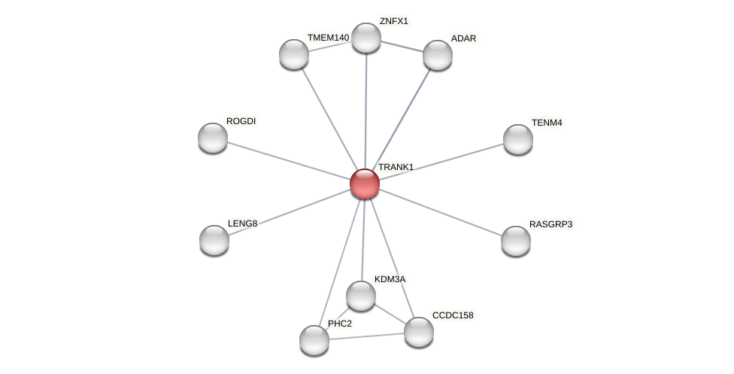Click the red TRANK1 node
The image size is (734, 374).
(365, 184)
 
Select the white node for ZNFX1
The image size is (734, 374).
(366, 38)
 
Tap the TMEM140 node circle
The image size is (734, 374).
(294, 54)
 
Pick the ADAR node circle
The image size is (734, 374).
(437, 55)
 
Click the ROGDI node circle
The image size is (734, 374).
(213, 138)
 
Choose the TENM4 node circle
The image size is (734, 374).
(517, 139)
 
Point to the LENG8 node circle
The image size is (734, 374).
(214, 240)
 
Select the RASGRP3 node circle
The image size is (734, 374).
(516, 241)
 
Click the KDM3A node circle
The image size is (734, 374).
(361, 296)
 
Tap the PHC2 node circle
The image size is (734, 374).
(314, 340)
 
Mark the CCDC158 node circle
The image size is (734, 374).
(419, 332)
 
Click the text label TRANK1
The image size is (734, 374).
(396, 167)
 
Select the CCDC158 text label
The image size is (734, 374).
(453, 315)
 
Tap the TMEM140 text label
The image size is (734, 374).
(328, 38)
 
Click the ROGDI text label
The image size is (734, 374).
(241, 121)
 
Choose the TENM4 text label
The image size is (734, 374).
(547, 123)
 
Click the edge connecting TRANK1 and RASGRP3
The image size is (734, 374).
(440, 212)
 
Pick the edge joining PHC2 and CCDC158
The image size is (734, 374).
(366, 336)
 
